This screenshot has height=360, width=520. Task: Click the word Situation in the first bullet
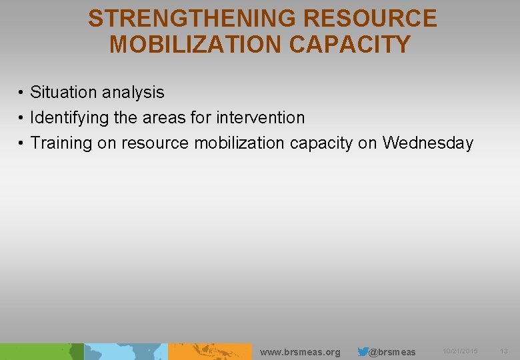[63, 92]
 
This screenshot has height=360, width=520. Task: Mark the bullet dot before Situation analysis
[21, 93]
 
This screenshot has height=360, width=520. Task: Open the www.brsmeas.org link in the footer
[299, 352]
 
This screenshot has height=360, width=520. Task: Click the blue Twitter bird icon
[363, 351]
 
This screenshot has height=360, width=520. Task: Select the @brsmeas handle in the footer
[392, 352]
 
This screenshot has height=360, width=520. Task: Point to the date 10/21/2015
[460, 351]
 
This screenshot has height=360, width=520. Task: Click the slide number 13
[504, 351]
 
